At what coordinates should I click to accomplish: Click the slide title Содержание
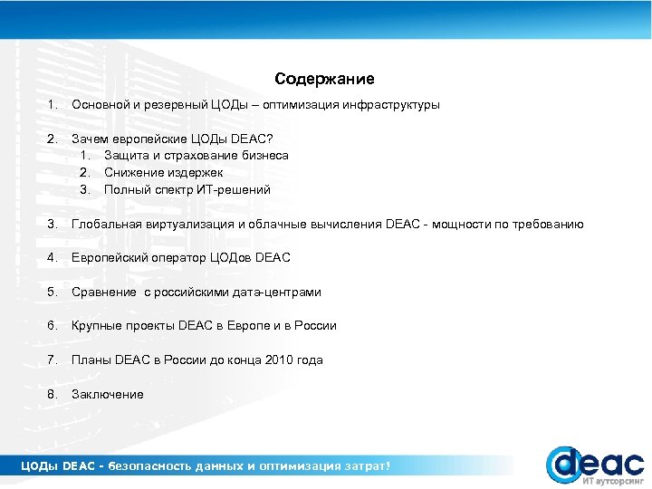tap(325, 80)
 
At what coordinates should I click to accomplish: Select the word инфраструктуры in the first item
tap(391, 105)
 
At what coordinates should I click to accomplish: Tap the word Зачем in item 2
tap(90, 139)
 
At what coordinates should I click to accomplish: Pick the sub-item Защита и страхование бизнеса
tap(197, 156)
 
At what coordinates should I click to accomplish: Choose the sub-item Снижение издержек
tap(163, 172)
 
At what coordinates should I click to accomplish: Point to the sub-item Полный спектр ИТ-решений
tap(187, 189)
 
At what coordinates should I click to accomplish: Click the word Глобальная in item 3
tap(102, 224)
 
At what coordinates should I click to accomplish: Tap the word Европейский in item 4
tap(107, 258)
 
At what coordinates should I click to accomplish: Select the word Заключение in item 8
tap(108, 395)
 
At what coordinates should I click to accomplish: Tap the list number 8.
tap(53, 395)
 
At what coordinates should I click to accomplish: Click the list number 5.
tap(53, 292)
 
